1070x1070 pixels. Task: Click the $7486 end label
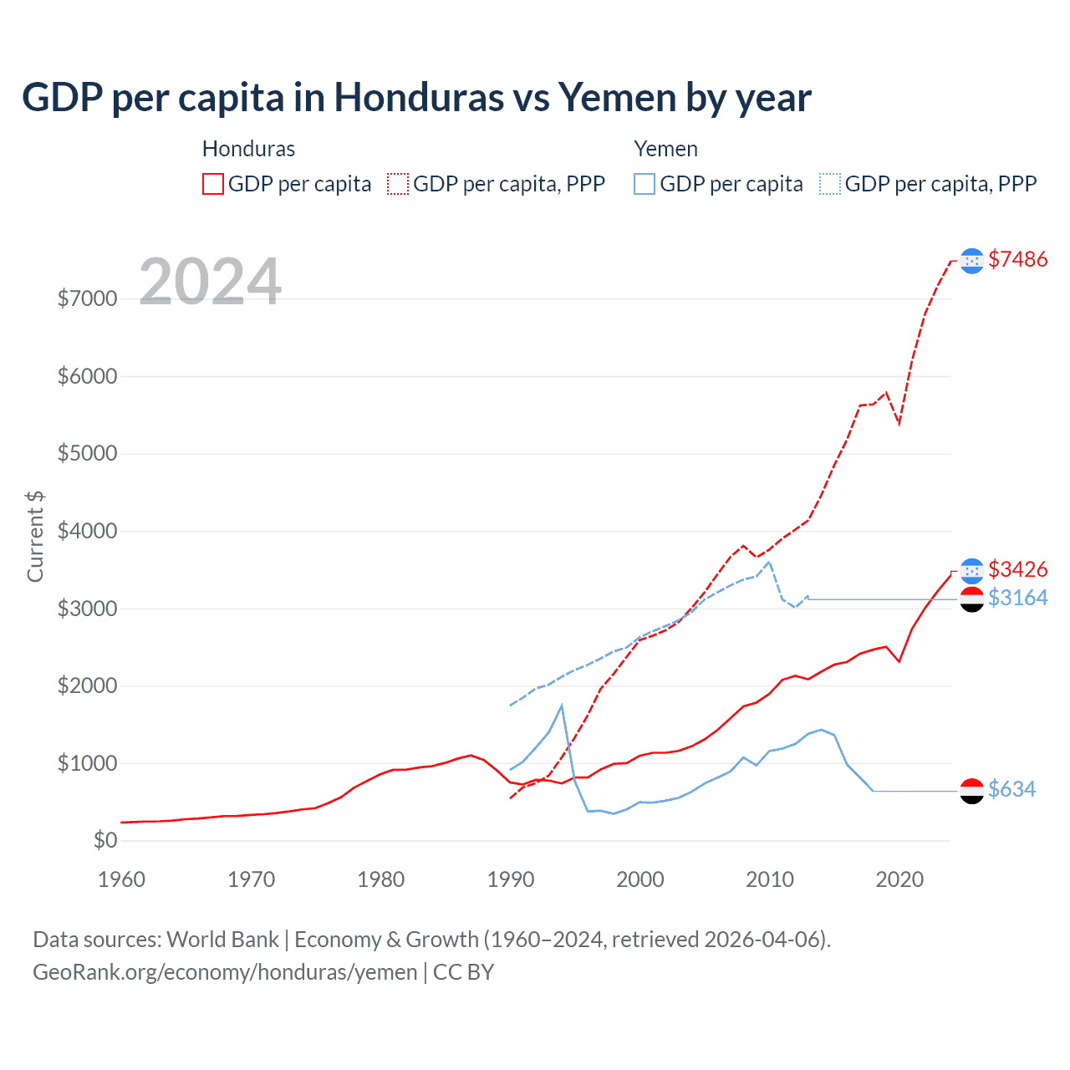tap(1017, 259)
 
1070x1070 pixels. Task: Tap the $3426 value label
tap(1017, 569)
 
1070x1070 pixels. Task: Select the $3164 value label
tap(1017, 598)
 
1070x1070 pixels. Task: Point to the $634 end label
tap(1011, 789)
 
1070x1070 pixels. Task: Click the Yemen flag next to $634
tap(971, 791)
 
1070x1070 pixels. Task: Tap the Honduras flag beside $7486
tap(971, 261)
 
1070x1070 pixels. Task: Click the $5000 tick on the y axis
tap(87, 454)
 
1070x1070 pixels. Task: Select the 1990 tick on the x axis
tap(510, 879)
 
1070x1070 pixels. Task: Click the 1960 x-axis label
tap(121, 879)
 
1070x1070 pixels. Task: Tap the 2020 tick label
tap(899, 879)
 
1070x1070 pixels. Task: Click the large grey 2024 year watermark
tap(210, 282)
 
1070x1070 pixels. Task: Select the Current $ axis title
tap(35, 537)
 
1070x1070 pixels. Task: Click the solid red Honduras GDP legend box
tap(213, 184)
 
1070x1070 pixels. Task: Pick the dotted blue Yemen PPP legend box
tap(830, 184)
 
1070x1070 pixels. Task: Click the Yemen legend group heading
tap(665, 149)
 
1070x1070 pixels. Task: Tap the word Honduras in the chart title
tap(419, 98)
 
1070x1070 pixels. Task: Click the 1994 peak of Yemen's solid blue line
tap(562, 706)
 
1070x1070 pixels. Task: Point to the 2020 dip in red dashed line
tap(899, 423)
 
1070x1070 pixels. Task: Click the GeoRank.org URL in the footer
tap(225, 972)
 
